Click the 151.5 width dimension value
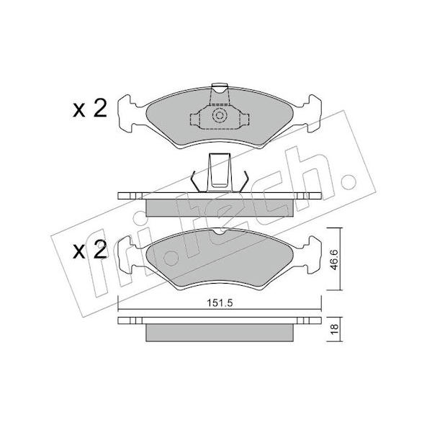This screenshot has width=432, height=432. click(x=220, y=303)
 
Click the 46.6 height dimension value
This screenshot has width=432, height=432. click(x=334, y=259)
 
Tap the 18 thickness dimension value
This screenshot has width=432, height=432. click(x=334, y=329)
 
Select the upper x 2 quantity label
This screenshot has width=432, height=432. click(x=89, y=109)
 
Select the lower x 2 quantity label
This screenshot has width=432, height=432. click(x=89, y=250)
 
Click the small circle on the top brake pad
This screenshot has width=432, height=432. click(x=220, y=115)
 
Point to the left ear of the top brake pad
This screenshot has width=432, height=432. click(x=128, y=114)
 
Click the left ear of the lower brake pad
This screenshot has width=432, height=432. click(x=128, y=255)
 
